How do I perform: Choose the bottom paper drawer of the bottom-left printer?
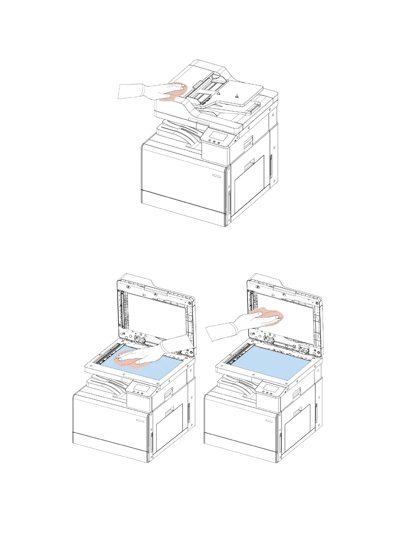pyautogui.click(x=110, y=442)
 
